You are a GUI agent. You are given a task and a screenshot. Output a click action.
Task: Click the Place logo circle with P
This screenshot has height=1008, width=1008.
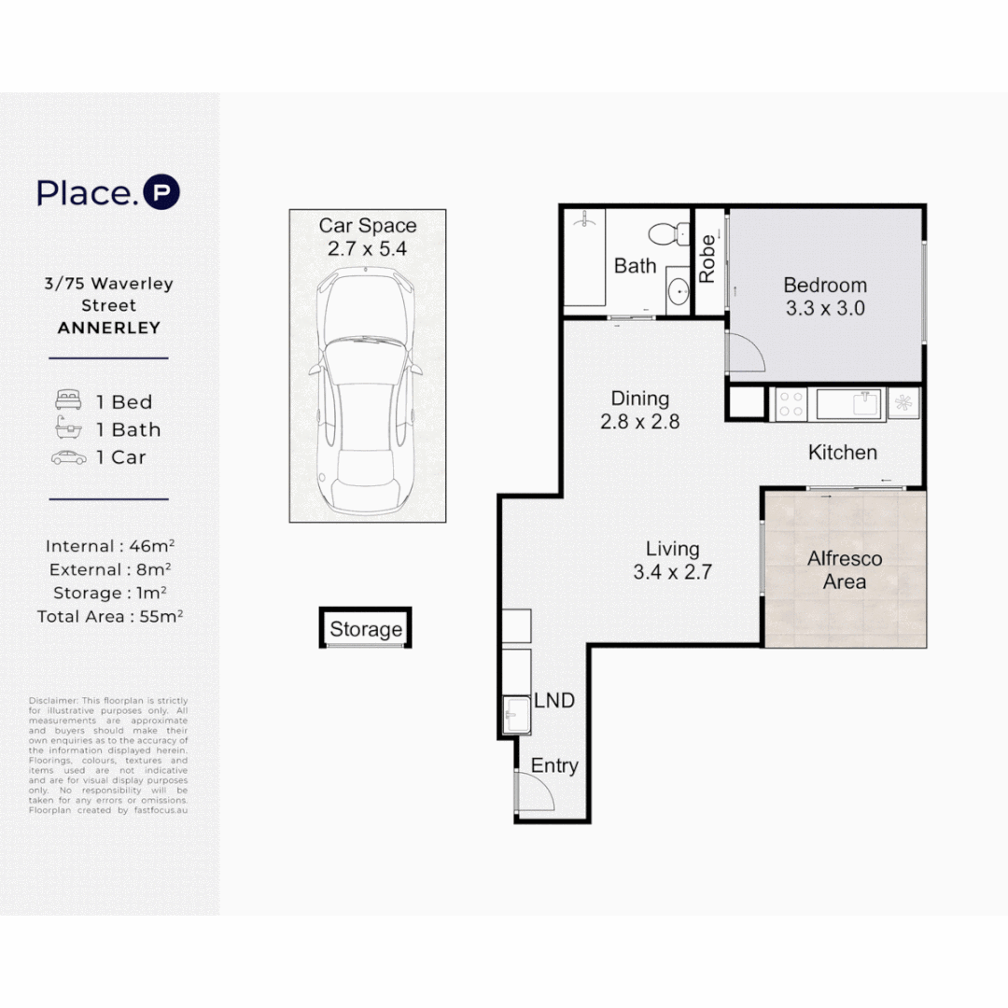point(161,193)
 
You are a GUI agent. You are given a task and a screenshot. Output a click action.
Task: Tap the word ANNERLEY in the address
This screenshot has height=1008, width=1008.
point(108,328)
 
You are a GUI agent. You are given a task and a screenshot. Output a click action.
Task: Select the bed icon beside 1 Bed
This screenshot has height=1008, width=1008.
point(69,401)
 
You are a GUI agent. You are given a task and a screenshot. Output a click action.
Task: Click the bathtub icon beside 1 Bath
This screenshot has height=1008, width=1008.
point(69,429)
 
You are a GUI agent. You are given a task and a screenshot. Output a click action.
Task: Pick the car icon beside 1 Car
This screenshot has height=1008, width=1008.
point(69,457)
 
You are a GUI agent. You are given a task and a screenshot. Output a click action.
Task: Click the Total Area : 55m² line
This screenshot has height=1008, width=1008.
point(108,616)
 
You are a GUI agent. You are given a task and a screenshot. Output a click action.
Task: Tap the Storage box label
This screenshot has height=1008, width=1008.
point(366,630)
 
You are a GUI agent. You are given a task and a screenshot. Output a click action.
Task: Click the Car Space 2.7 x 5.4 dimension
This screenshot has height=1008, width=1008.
point(367,249)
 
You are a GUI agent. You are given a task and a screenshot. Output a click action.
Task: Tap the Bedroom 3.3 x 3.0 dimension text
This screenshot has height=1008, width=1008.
point(824,308)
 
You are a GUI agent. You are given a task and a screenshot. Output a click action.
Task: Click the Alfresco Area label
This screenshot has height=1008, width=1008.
point(844,570)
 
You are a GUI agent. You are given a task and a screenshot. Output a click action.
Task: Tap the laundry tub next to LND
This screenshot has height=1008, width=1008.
point(516,716)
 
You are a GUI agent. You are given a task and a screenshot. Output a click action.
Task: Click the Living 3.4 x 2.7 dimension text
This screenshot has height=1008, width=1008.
point(672,572)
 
